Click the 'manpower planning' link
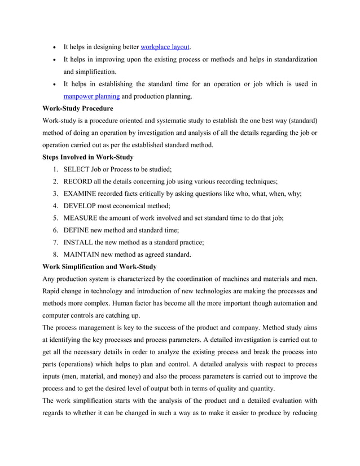(91, 96)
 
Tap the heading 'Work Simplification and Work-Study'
(99, 266)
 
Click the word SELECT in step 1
(78, 169)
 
